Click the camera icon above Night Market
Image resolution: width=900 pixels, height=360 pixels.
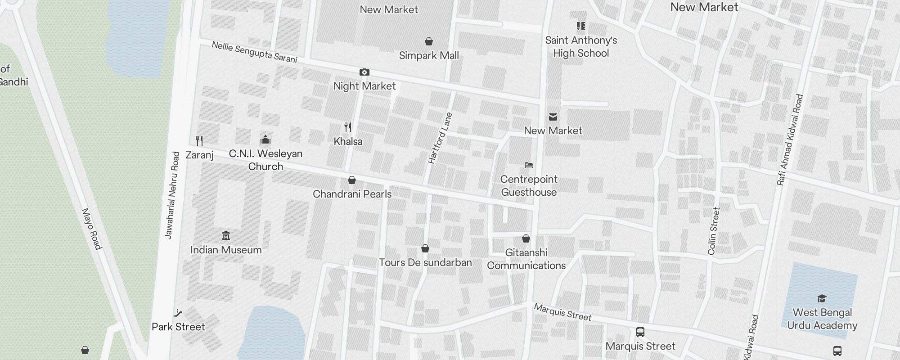[364, 72]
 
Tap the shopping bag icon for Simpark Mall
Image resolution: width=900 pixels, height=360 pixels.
[429, 41]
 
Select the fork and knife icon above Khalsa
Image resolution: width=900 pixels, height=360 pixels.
[348, 127]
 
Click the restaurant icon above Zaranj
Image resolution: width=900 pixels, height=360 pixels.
[199, 141]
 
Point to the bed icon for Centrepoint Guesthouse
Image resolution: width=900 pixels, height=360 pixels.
[529, 165]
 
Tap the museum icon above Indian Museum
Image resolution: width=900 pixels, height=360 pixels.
[226, 235]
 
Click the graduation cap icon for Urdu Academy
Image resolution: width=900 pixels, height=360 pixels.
[822, 298]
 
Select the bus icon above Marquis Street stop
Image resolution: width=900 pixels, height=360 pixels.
[640, 332]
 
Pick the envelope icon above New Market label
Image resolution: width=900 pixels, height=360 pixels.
[553, 117]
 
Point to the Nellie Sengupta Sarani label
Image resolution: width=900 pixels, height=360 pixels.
[254, 52]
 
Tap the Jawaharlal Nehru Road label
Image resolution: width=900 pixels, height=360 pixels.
[172, 195]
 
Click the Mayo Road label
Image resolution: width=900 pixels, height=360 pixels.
[92, 229]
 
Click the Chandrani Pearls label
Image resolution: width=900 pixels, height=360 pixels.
[352, 194]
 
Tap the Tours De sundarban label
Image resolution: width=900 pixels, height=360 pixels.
[425, 262]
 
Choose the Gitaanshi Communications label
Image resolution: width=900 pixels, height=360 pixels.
[526, 259]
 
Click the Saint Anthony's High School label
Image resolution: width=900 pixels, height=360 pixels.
[581, 46]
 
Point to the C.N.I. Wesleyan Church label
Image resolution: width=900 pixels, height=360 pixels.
[265, 160]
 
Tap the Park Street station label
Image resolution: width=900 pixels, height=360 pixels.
[178, 327]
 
